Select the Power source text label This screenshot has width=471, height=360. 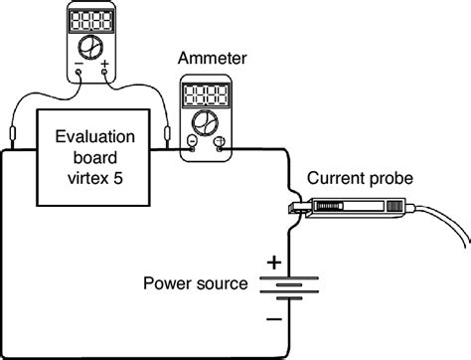coord(195,284)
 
